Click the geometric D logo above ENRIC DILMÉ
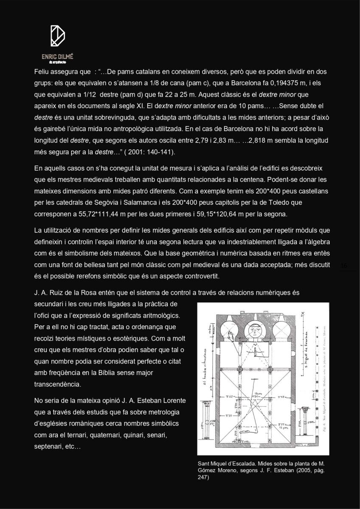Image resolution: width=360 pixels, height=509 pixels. click(x=57, y=36)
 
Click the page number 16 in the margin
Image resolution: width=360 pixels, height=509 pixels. click(x=344, y=266)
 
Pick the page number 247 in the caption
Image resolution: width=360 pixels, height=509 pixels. click(x=203, y=477)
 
